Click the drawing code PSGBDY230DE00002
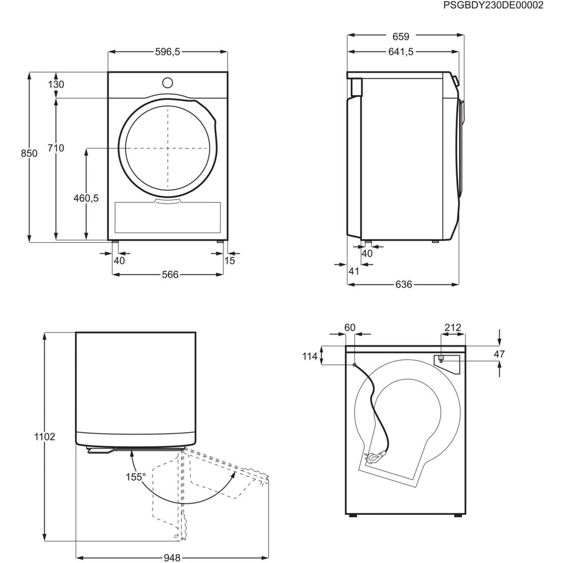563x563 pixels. (493, 6)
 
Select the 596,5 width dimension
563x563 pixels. (167, 52)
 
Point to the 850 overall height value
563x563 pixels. (29, 153)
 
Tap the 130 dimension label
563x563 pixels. (56, 84)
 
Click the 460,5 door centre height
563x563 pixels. (86, 198)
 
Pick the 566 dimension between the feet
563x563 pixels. (170, 274)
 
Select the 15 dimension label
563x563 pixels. (229, 260)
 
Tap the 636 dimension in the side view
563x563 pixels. (403, 284)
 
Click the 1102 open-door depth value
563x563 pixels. (45, 437)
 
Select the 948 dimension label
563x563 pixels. (172, 558)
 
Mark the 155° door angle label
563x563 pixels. (135, 477)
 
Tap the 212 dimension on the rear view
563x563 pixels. (453, 328)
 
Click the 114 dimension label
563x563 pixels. (310, 356)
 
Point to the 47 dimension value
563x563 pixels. (499, 354)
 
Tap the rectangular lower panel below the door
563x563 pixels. (168, 217)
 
